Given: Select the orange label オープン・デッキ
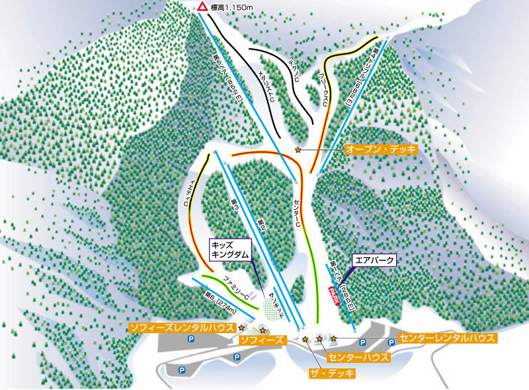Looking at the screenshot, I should point(382,150).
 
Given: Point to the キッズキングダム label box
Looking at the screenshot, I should point(229,249).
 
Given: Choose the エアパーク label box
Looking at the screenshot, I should point(374,260).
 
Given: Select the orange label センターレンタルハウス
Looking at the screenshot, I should point(448,338).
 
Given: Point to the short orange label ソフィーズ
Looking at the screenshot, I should point(263,340).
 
